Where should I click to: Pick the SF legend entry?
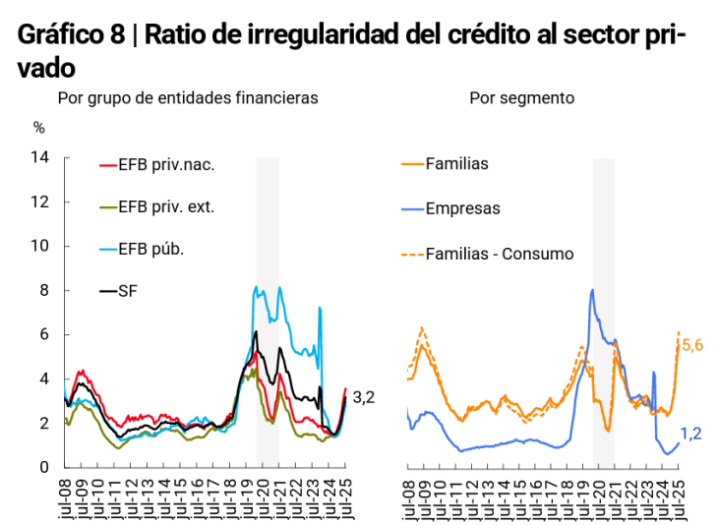tap(127, 291)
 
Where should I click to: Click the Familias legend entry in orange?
tap(456, 164)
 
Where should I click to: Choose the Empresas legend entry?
tap(462, 208)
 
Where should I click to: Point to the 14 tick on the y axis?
tap(40, 157)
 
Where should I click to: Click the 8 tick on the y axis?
tap(44, 290)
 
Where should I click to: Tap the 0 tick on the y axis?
tap(44, 467)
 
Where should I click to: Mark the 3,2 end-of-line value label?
tap(364, 397)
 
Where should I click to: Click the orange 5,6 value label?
tap(691, 345)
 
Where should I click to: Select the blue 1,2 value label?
tap(690, 434)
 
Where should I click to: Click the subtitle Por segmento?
tap(522, 98)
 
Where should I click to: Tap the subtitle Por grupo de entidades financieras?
tap(188, 98)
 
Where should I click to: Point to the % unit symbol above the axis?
tap(39, 127)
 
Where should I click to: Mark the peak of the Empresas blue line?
tap(592, 289)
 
